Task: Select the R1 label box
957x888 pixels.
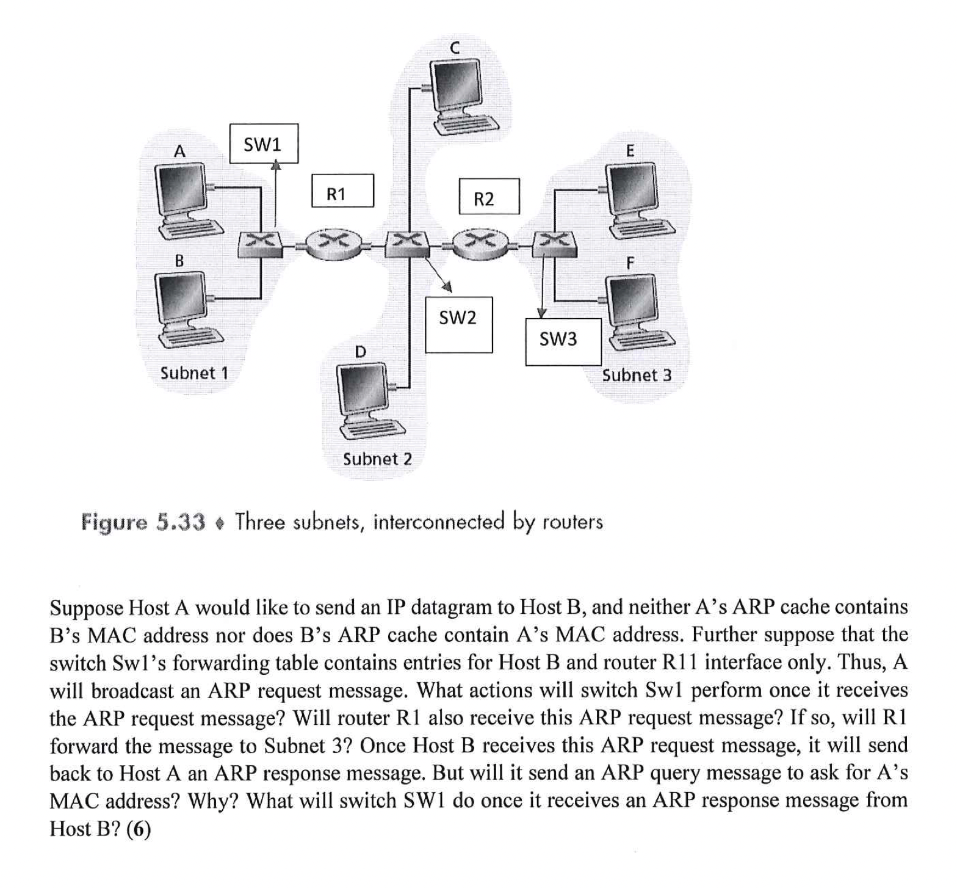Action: click(x=342, y=191)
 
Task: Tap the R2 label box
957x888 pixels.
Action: click(x=489, y=196)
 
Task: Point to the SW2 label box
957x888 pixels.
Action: click(x=458, y=324)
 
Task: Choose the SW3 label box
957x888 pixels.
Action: click(x=563, y=341)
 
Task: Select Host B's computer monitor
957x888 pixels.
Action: click(x=181, y=297)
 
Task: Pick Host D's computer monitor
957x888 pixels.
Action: click(x=363, y=387)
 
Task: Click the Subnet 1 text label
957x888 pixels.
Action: click(x=194, y=373)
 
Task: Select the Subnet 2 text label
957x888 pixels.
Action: click(x=377, y=459)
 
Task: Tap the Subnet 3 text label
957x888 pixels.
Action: click(x=637, y=375)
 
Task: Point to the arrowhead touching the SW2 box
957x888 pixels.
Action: click(x=447, y=286)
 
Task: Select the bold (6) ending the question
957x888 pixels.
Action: click(x=138, y=829)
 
